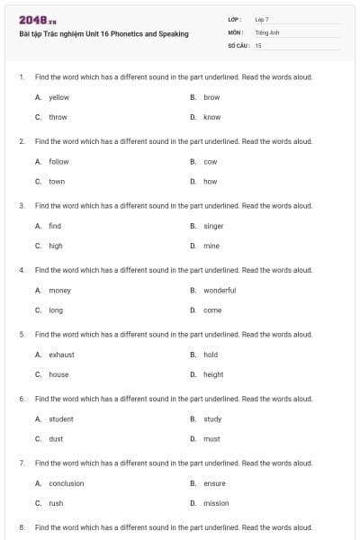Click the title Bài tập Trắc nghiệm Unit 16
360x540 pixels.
pos(103,34)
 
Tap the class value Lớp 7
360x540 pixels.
pos(262,19)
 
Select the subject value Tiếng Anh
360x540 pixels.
pos(267,31)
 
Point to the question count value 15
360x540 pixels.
pos(258,44)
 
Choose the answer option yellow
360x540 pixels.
pos(58,97)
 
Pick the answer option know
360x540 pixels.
pos(211,117)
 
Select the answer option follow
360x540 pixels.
pos(58,161)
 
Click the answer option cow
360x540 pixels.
pos(211,161)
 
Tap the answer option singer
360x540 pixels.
pos(213,226)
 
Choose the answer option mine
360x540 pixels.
pos(211,246)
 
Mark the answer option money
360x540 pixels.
pos(59,290)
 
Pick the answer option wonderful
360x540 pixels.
pos(220,290)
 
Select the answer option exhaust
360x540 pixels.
pos(61,355)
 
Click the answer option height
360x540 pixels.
pos(213,374)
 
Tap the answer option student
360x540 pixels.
pos(61,418)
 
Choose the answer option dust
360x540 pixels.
pos(56,438)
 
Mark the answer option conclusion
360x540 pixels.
pos(66,483)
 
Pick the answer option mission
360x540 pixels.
pos(216,503)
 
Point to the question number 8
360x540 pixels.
pos(21,526)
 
